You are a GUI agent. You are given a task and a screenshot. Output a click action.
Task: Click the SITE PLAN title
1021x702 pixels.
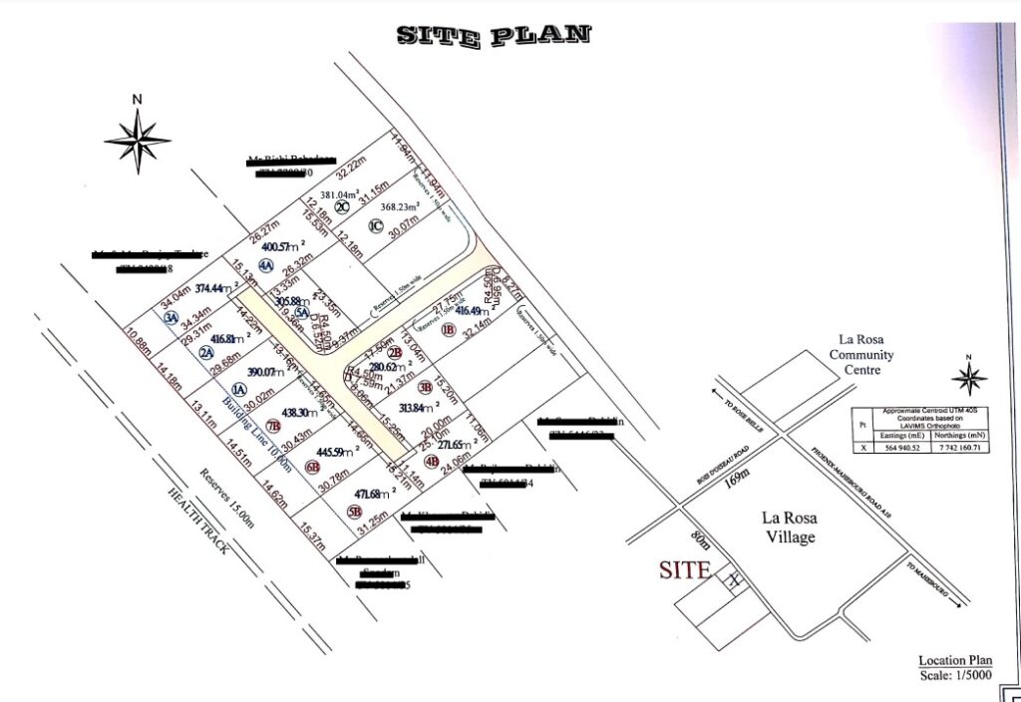495,35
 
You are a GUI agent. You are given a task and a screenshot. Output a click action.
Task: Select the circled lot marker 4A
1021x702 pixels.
265,266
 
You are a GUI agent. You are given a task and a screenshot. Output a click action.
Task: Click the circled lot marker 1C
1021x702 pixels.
375,225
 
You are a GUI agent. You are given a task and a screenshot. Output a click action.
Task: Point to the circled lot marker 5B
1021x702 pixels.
354,512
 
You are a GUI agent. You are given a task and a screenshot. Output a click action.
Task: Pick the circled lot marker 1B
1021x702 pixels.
448,329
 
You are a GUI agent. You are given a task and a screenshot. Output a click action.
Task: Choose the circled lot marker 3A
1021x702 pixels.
171,317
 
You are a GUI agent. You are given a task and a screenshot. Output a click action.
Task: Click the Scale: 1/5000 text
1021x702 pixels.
957,677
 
